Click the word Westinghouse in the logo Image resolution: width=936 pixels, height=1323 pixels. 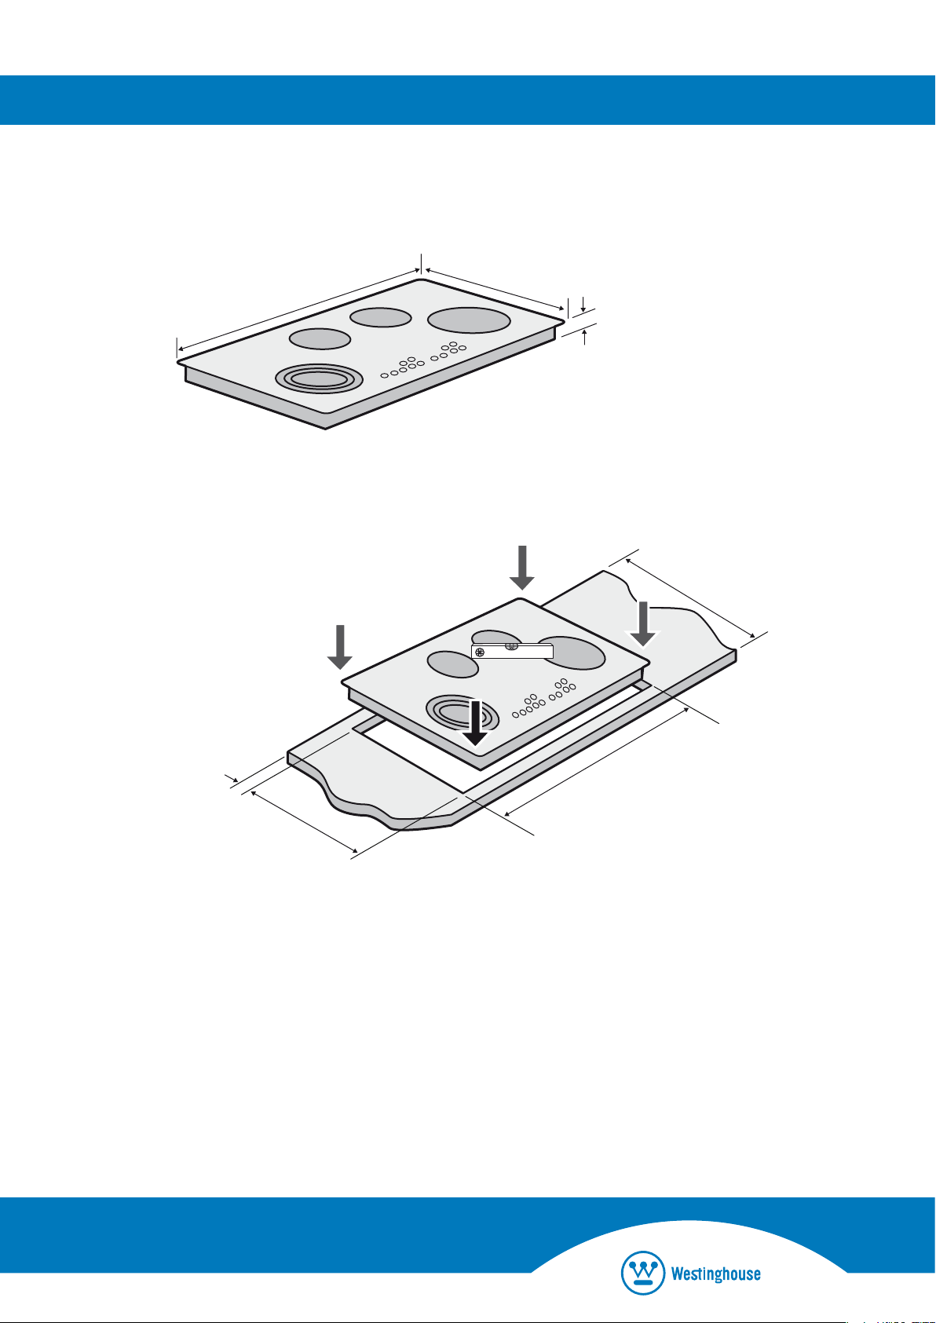point(715,1274)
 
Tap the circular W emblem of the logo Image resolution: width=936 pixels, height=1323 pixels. point(642,1272)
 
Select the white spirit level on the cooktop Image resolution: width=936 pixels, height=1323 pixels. point(512,651)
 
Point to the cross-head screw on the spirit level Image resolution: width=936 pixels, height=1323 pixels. point(480,652)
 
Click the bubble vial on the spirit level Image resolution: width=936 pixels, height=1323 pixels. point(511,647)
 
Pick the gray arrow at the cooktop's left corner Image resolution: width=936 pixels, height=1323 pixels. point(339,647)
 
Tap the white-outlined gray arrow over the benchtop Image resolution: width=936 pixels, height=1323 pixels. point(643,623)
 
